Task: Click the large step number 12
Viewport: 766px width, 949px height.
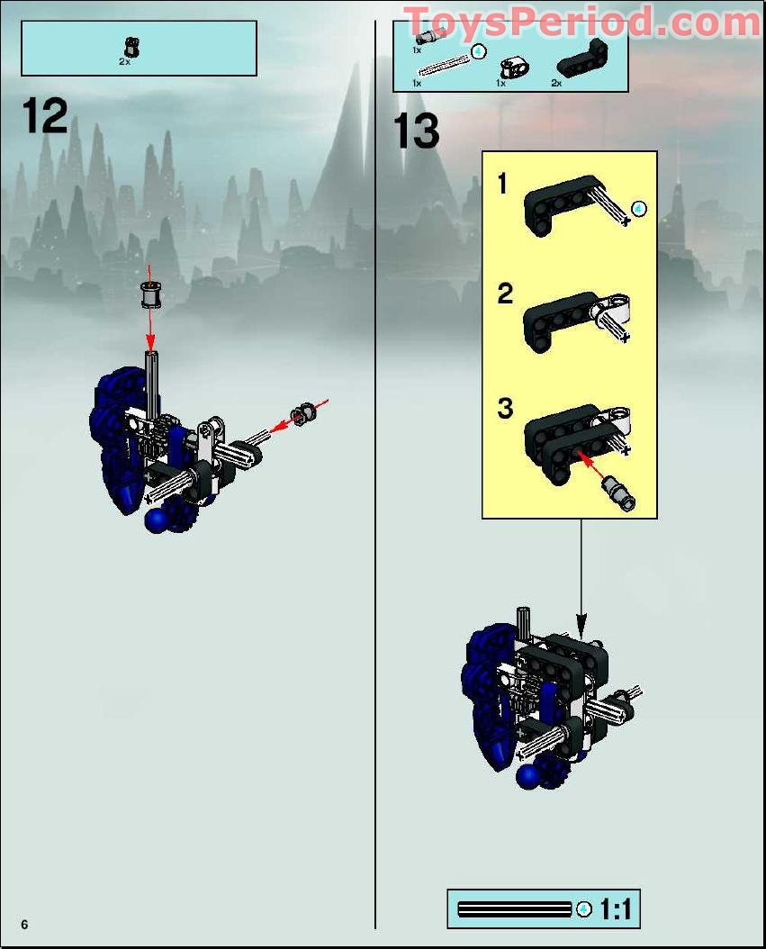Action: pos(45,116)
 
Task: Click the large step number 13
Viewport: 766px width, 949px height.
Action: pos(417,132)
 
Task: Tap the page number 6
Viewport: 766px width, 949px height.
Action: pos(25,925)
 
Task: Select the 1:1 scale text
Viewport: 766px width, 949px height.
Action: pos(617,909)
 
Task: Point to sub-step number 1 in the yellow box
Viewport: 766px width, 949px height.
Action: pos(503,185)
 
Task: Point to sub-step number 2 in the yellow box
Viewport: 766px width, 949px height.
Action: pos(505,294)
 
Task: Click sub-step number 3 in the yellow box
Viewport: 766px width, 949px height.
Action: pos(505,408)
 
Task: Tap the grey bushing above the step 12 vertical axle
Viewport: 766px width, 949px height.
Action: pos(149,294)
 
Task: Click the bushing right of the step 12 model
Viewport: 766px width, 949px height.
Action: pos(302,414)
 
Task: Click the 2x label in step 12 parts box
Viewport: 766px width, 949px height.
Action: pos(124,62)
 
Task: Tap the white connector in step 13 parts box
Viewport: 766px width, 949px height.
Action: pos(515,65)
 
